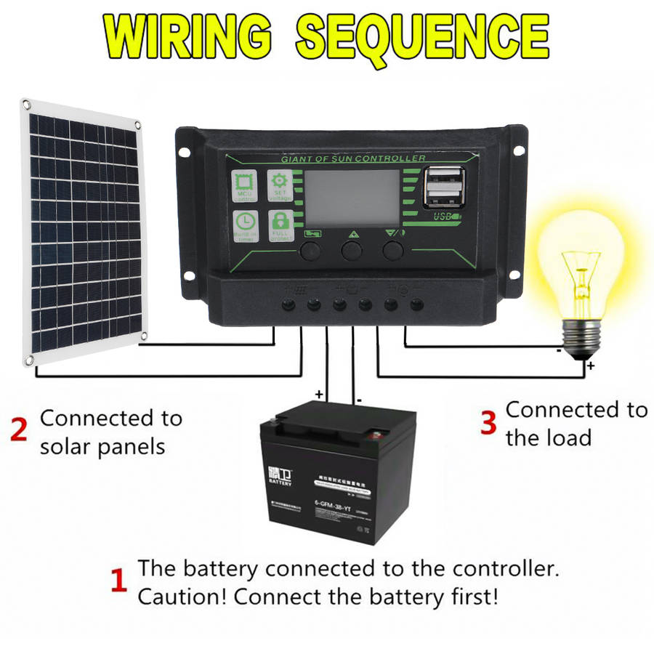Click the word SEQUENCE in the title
tap(422, 36)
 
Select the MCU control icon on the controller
tap(243, 186)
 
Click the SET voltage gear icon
tap(280, 186)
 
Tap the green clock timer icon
tap(243, 226)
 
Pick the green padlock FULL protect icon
tap(280, 226)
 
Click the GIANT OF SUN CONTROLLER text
tap(353, 158)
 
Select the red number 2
tap(20, 429)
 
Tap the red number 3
tap(488, 422)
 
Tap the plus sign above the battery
tap(318, 393)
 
